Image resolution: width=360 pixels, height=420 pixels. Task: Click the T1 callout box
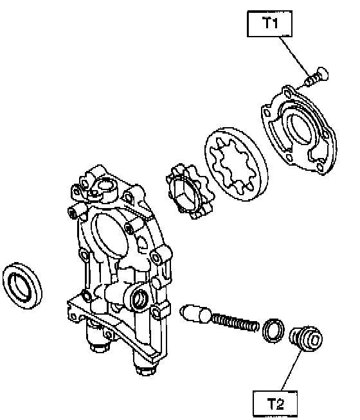point(269,24)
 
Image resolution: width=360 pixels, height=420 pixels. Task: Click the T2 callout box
point(275,404)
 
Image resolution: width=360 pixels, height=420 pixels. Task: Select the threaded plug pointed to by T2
point(306,338)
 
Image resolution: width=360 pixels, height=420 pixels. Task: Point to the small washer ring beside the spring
point(273,331)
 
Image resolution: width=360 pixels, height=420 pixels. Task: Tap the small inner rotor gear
point(189,191)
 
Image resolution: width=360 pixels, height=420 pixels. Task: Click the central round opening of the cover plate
point(301,127)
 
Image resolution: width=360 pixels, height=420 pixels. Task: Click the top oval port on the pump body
point(105,186)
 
